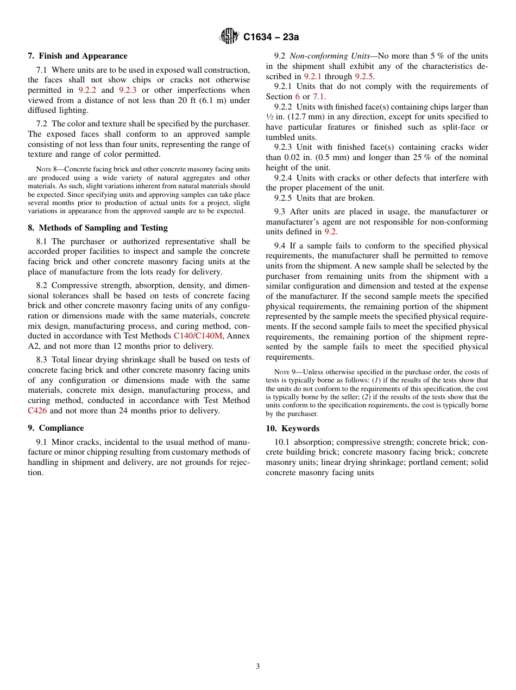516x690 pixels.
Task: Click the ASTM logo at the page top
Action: pos(229,36)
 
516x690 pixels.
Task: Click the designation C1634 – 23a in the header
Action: pos(271,37)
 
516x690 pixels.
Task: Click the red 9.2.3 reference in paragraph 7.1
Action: pos(128,90)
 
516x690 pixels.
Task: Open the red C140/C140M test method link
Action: pos(198,336)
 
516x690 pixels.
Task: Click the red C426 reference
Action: pos(37,411)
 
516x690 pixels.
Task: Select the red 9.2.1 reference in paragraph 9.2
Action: pos(313,76)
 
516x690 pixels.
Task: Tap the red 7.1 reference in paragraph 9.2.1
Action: pos(318,97)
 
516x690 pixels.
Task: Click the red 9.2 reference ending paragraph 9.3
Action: pos(330,232)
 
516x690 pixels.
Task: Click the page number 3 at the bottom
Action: pos(258,667)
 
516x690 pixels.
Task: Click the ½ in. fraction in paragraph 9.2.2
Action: pos(274,117)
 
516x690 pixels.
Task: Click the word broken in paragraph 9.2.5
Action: pos(362,198)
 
